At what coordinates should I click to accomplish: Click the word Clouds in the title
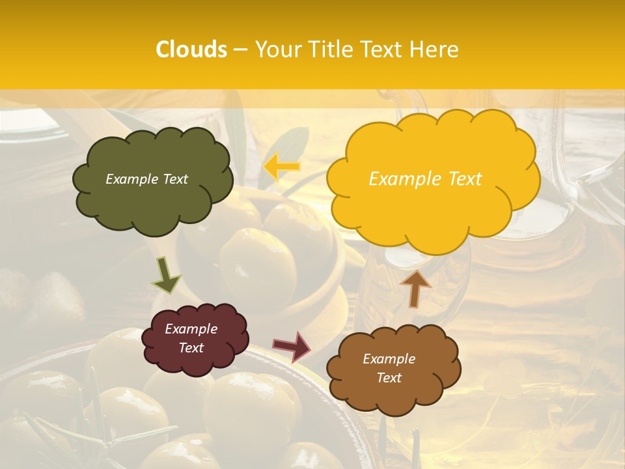click(x=191, y=50)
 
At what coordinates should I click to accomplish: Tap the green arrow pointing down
click(x=165, y=275)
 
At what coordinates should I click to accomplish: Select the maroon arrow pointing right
click(x=292, y=346)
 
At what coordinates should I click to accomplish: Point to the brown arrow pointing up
click(x=415, y=287)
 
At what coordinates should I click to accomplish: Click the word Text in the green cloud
click(x=174, y=179)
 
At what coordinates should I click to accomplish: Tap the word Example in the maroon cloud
click(x=191, y=329)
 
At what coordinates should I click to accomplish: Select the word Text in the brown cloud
click(x=389, y=378)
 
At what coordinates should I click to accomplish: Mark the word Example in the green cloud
click(x=132, y=179)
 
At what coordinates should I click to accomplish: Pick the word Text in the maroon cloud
click(x=191, y=348)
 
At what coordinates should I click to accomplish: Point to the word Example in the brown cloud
click(x=389, y=359)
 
